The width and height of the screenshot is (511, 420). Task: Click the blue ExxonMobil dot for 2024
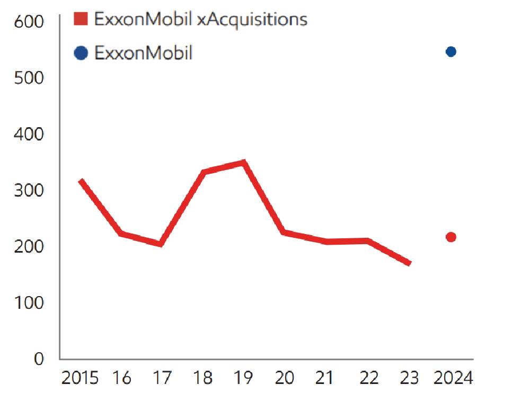[x=451, y=51]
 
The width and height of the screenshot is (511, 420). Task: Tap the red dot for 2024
[x=451, y=237]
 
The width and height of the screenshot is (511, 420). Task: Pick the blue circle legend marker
[x=81, y=53]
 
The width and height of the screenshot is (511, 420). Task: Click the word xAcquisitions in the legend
[x=252, y=20]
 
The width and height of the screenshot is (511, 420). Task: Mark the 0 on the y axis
[x=39, y=359]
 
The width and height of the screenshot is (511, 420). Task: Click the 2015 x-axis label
[x=80, y=379]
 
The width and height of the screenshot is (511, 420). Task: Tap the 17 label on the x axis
[x=162, y=379]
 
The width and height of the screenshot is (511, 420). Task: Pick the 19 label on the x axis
[x=243, y=379]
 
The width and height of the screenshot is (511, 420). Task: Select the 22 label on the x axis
[x=369, y=379]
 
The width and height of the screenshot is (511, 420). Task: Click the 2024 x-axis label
[x=453, y=379]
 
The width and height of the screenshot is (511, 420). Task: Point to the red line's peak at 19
[x=243, y=163]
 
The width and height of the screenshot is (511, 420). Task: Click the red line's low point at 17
[x=161, y=244]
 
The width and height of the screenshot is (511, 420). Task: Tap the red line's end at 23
[x=409, y=263]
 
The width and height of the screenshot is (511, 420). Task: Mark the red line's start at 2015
[x=81, y=181]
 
